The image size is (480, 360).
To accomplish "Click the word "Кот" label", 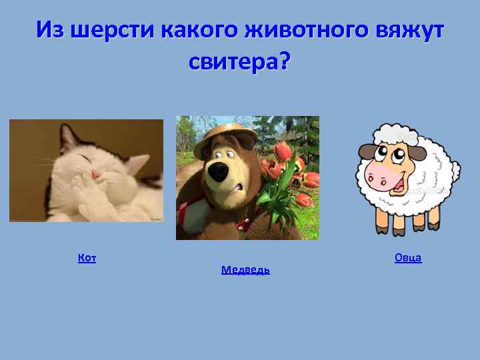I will (87, 258).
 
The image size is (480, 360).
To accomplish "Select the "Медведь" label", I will (245, 270).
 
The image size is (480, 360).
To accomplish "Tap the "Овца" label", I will (407, 257).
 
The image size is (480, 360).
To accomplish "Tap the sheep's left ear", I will (365, 152).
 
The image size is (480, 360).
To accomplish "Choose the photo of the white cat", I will (86, 170).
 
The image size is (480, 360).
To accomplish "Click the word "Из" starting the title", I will (51, 29).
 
